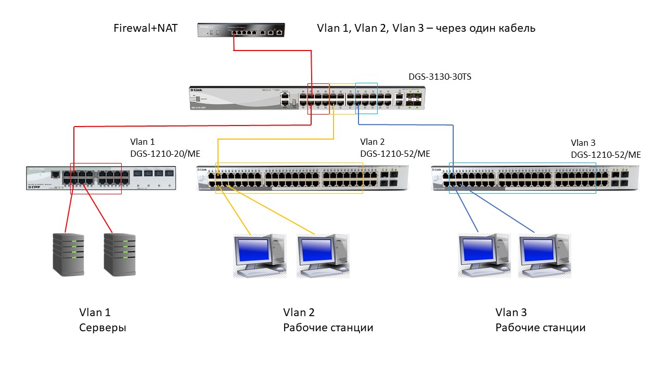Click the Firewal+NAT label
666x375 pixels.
[x=146, y=28]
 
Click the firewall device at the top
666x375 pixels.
[x=241, y=30]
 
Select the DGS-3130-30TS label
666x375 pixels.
[x=440, y=77]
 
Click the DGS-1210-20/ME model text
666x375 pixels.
[x=165, y=153]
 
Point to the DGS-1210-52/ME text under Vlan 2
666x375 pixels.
[x=395, y=153]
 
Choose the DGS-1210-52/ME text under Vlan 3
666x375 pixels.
[x=606, y=155]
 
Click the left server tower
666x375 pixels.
[x=68, y=254]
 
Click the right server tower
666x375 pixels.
[x=119, y=254]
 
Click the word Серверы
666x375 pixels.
[x=103, y=328]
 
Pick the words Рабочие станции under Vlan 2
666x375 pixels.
[x=328, y=328]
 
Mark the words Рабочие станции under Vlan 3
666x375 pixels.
[x=540, y=328]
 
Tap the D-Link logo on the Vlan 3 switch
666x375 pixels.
[x=437, y=170]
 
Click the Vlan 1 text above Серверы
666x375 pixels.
[x=95, y=312]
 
